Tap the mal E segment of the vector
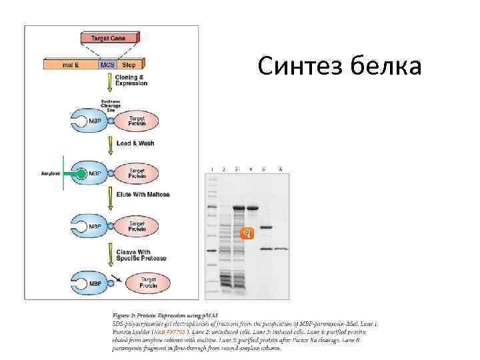tap(71, 65)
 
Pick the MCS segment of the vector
tap(107, 65)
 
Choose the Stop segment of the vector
tap(129, 65)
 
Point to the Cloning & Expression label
tap(131, 81)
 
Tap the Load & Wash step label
tap(132, 143)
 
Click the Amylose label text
tap(50, 174)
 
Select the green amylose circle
tap(81, 174)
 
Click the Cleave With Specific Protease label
tap(140, 255)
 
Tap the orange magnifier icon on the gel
tap(247, 233)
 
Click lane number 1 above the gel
tap(211, 169)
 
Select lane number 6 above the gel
tap(281, 169)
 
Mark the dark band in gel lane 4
tap(253, 208)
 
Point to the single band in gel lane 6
tap(281, 249)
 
